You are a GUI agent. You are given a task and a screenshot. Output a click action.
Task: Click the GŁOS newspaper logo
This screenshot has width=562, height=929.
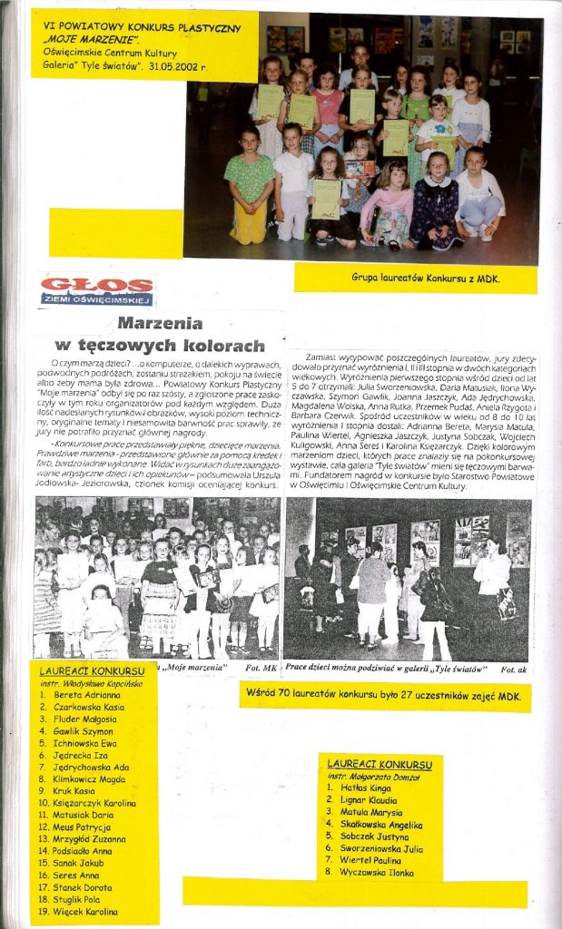96,289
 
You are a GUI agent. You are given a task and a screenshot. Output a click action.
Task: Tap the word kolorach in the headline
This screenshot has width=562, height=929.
222,346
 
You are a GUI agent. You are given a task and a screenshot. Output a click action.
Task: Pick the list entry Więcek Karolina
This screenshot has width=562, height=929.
87,911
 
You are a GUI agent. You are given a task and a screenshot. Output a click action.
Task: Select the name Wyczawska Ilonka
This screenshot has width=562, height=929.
372,872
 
